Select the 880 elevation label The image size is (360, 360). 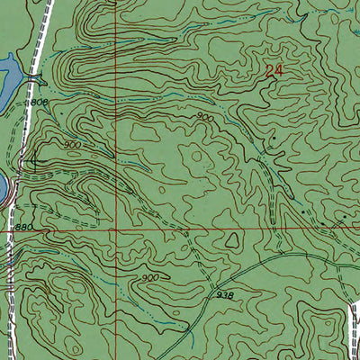(24, 228)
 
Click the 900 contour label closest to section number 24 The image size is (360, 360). (206, 117)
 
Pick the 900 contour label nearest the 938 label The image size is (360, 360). (150, 278)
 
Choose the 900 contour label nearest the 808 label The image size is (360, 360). (73, 144)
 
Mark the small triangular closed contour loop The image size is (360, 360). (232, 241)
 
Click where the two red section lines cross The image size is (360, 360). (115, 229)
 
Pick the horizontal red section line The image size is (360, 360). (225, 229)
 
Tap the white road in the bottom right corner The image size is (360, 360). (353, 328)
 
